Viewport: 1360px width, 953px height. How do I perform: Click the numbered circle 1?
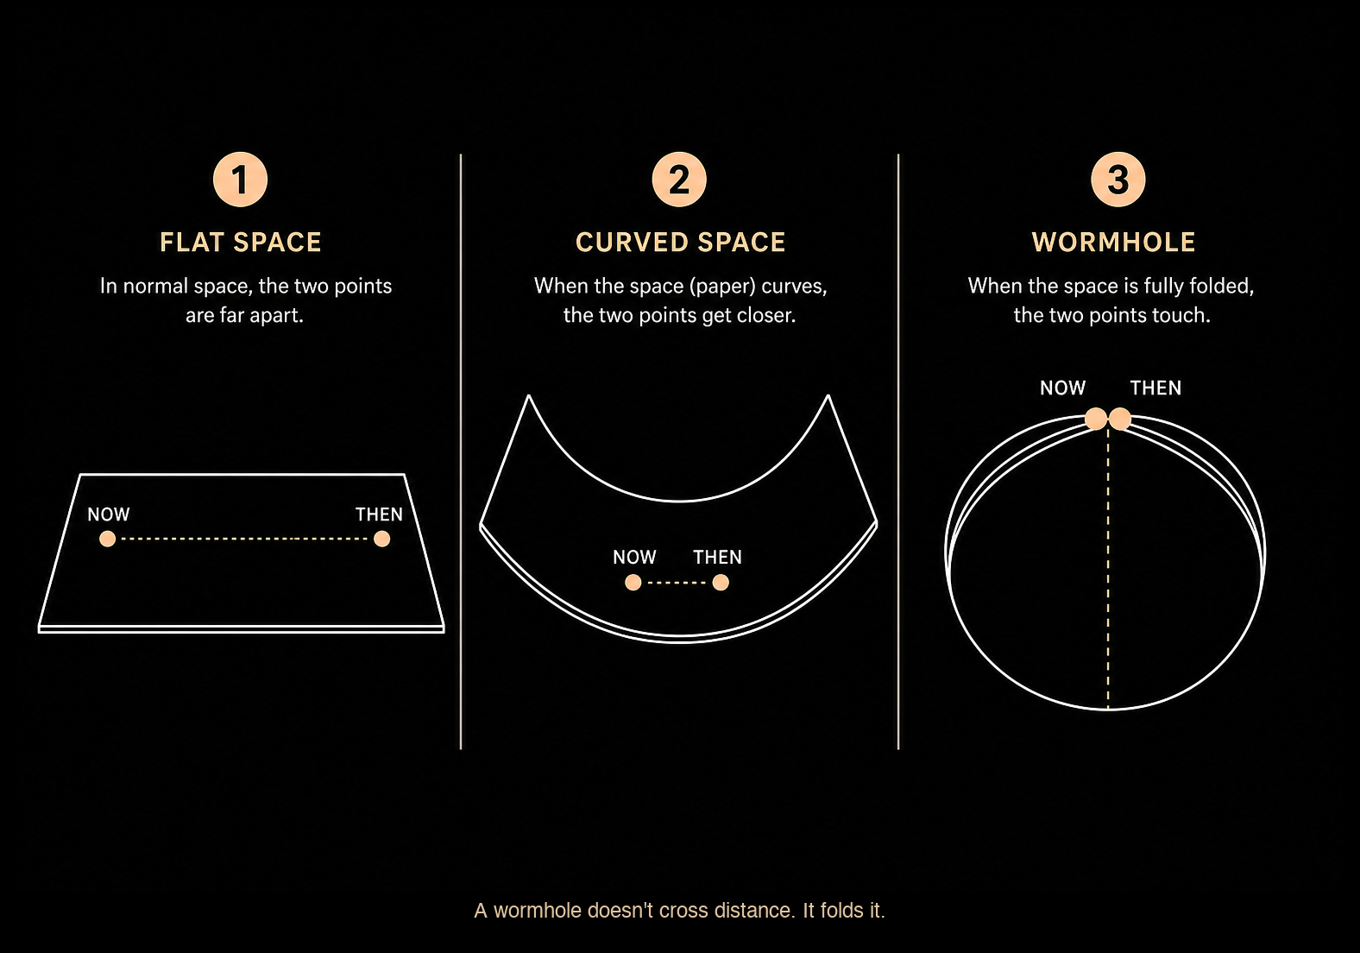click(x=241, y=180)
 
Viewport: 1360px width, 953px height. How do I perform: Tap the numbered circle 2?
click(x=679, y=180)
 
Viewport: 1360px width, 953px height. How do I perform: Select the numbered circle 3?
click(x=1118, y=180)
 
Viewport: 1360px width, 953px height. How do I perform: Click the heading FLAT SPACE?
click(x=241, y=243)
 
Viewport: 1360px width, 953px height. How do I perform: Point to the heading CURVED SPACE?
click(x=680, y=243)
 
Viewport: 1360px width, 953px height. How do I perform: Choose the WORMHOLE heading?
click(x=1113, y=243)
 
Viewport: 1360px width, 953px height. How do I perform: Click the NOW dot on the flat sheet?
click(x=108, y=539)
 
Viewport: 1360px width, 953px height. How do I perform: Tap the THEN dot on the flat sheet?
click(x=382, y=539)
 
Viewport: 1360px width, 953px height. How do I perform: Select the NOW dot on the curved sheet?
click(x=633, y=583)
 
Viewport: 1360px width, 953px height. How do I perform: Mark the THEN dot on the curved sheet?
click(x=721, y=583)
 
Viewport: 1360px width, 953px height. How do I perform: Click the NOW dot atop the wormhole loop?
click(x=1096, y=420)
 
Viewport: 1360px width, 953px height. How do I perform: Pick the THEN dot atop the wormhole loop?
click(x=1120, y=420)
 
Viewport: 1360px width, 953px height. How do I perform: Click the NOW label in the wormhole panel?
click(x=1062, y=388)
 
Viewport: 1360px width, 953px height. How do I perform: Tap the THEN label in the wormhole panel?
click(x=1156, y=388)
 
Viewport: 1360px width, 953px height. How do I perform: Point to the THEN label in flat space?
click(x=379, y=514)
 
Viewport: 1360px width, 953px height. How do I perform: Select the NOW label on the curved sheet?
click(x=634, y=557)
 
